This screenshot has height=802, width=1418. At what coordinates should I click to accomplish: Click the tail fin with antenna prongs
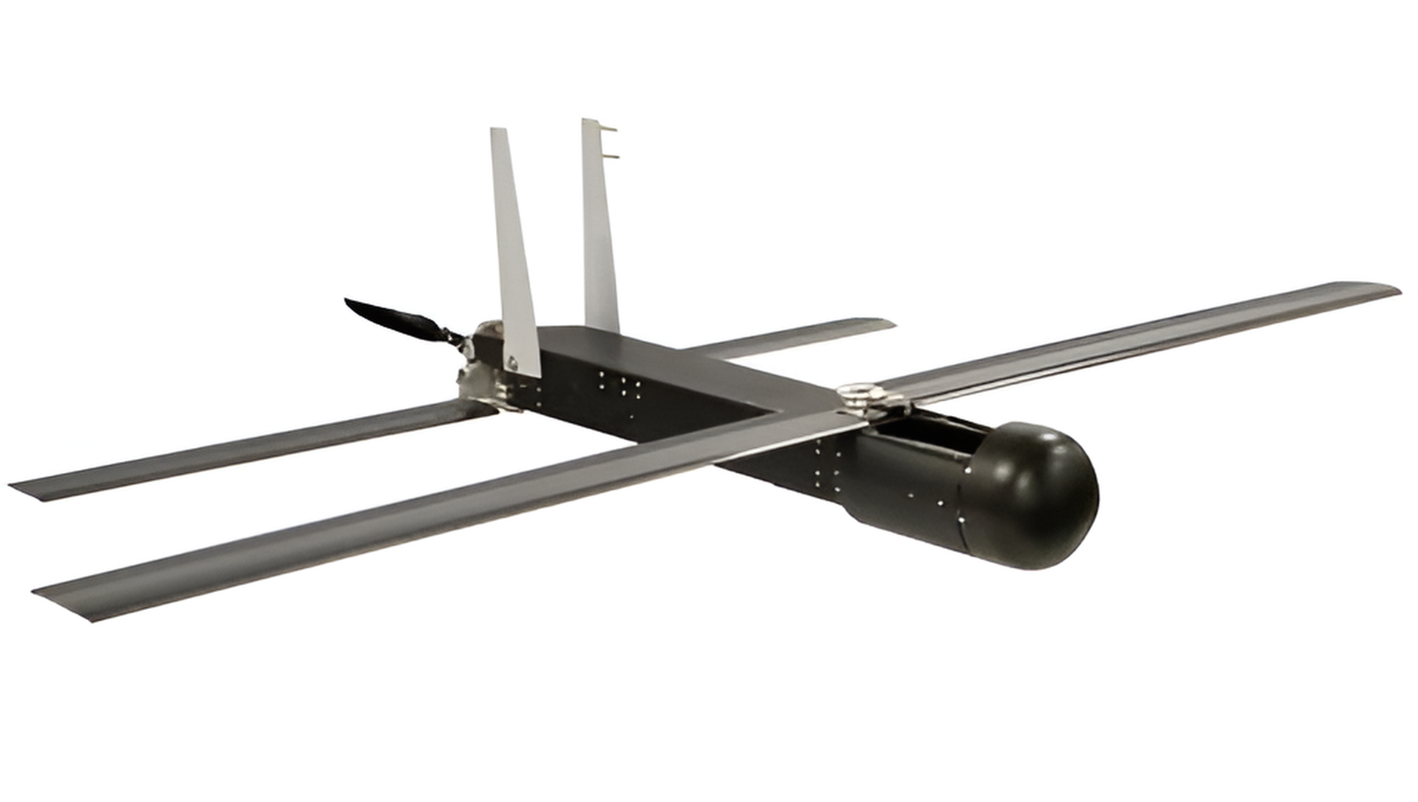(600, 227)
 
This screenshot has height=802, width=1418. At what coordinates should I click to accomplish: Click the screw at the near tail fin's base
(513, 363)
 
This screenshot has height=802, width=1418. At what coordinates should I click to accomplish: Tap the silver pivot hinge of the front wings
(866, 396)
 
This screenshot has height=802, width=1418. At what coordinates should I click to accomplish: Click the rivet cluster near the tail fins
(619, 385)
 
